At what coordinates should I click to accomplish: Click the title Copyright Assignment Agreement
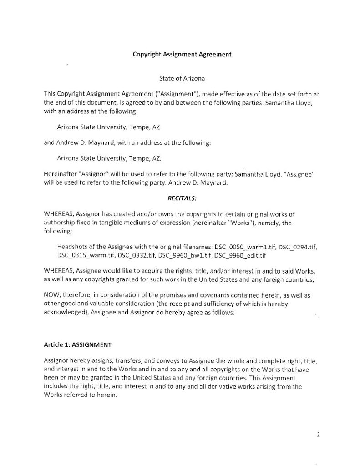(182, 54)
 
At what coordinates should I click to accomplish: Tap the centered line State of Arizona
(182, 79)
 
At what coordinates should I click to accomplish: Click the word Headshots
(72, 246)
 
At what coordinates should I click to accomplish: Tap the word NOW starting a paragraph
(51, 295)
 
